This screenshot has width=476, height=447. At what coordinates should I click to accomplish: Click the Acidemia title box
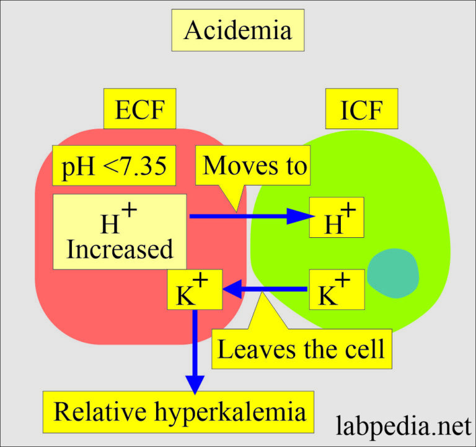(x=237, y=30)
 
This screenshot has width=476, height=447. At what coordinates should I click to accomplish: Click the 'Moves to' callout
(x=255, y=166)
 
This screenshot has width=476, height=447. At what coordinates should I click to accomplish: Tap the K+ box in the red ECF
(x=193, y=289)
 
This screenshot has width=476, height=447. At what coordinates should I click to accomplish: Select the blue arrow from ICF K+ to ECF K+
(x=266, y=289)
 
